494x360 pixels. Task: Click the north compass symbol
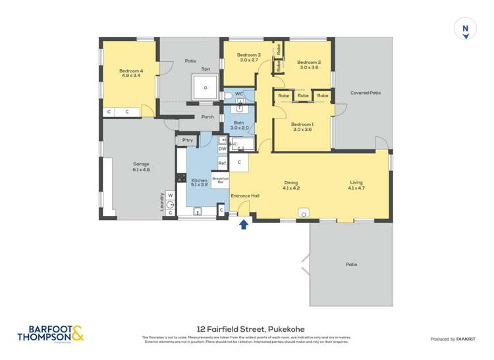coord(466,30)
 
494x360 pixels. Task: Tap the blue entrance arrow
coord(243,225)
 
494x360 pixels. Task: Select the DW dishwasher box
coord(223,149)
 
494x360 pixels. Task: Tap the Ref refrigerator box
coord(223,163)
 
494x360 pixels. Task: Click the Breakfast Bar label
coord(221,179)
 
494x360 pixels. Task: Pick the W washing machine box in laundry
coord(170,195)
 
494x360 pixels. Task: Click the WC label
coord(239,94)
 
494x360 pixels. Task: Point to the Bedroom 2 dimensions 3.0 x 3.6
coord(309,67)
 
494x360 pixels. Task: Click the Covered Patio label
coord(366,93)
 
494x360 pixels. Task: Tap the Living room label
coord(356,183)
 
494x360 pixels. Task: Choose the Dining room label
coord(291,183)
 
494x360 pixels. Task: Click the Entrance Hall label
coord(244,195)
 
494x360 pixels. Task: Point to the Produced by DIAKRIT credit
coord(454,339)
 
